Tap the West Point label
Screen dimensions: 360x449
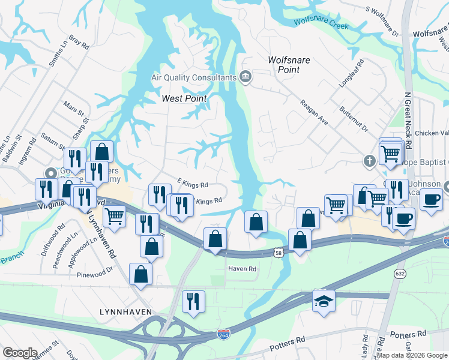click(184, 98)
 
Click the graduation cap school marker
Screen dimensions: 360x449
click(324, 301)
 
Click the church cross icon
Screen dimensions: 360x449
click(370, 161)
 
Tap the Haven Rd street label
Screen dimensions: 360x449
click(242, 269)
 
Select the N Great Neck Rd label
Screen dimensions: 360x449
click(408, 121)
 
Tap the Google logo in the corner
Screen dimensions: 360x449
click(20, 353)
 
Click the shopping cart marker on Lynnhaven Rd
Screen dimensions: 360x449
click(114, 217)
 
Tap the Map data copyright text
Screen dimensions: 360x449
click(411, 355)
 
